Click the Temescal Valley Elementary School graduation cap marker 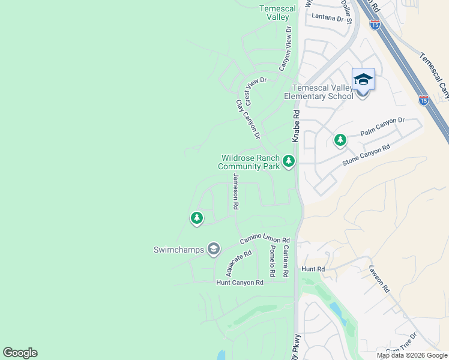point(363,80)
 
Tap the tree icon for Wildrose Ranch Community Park point(289,161)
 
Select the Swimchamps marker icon point(213,249)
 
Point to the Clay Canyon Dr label point(248,119)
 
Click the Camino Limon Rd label point(265,239)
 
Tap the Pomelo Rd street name point(272,260)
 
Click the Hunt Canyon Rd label point(240,283)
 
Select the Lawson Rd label point(380,278)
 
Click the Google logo point(20,353)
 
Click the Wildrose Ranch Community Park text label point(249,162)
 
